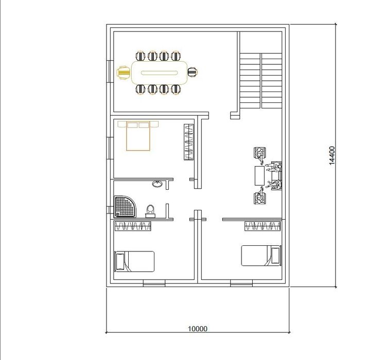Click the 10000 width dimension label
(198, 329)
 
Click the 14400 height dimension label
(332, 156)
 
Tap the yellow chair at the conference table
(124, 73)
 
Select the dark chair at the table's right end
(193, 72)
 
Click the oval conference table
(159, 73)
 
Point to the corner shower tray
(125, 206)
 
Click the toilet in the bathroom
(150, 211)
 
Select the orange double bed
(138, 136)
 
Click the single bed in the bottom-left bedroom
(134, 261)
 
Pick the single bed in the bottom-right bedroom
(261, 256)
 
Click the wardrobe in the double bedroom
(188, 142)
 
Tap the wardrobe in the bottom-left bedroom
(133, 226)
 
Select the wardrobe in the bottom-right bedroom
(263, 226)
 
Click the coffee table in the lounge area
(259, 176)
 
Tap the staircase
(261, 81)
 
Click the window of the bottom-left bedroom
(154, 283)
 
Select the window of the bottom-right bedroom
(241, 283)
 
